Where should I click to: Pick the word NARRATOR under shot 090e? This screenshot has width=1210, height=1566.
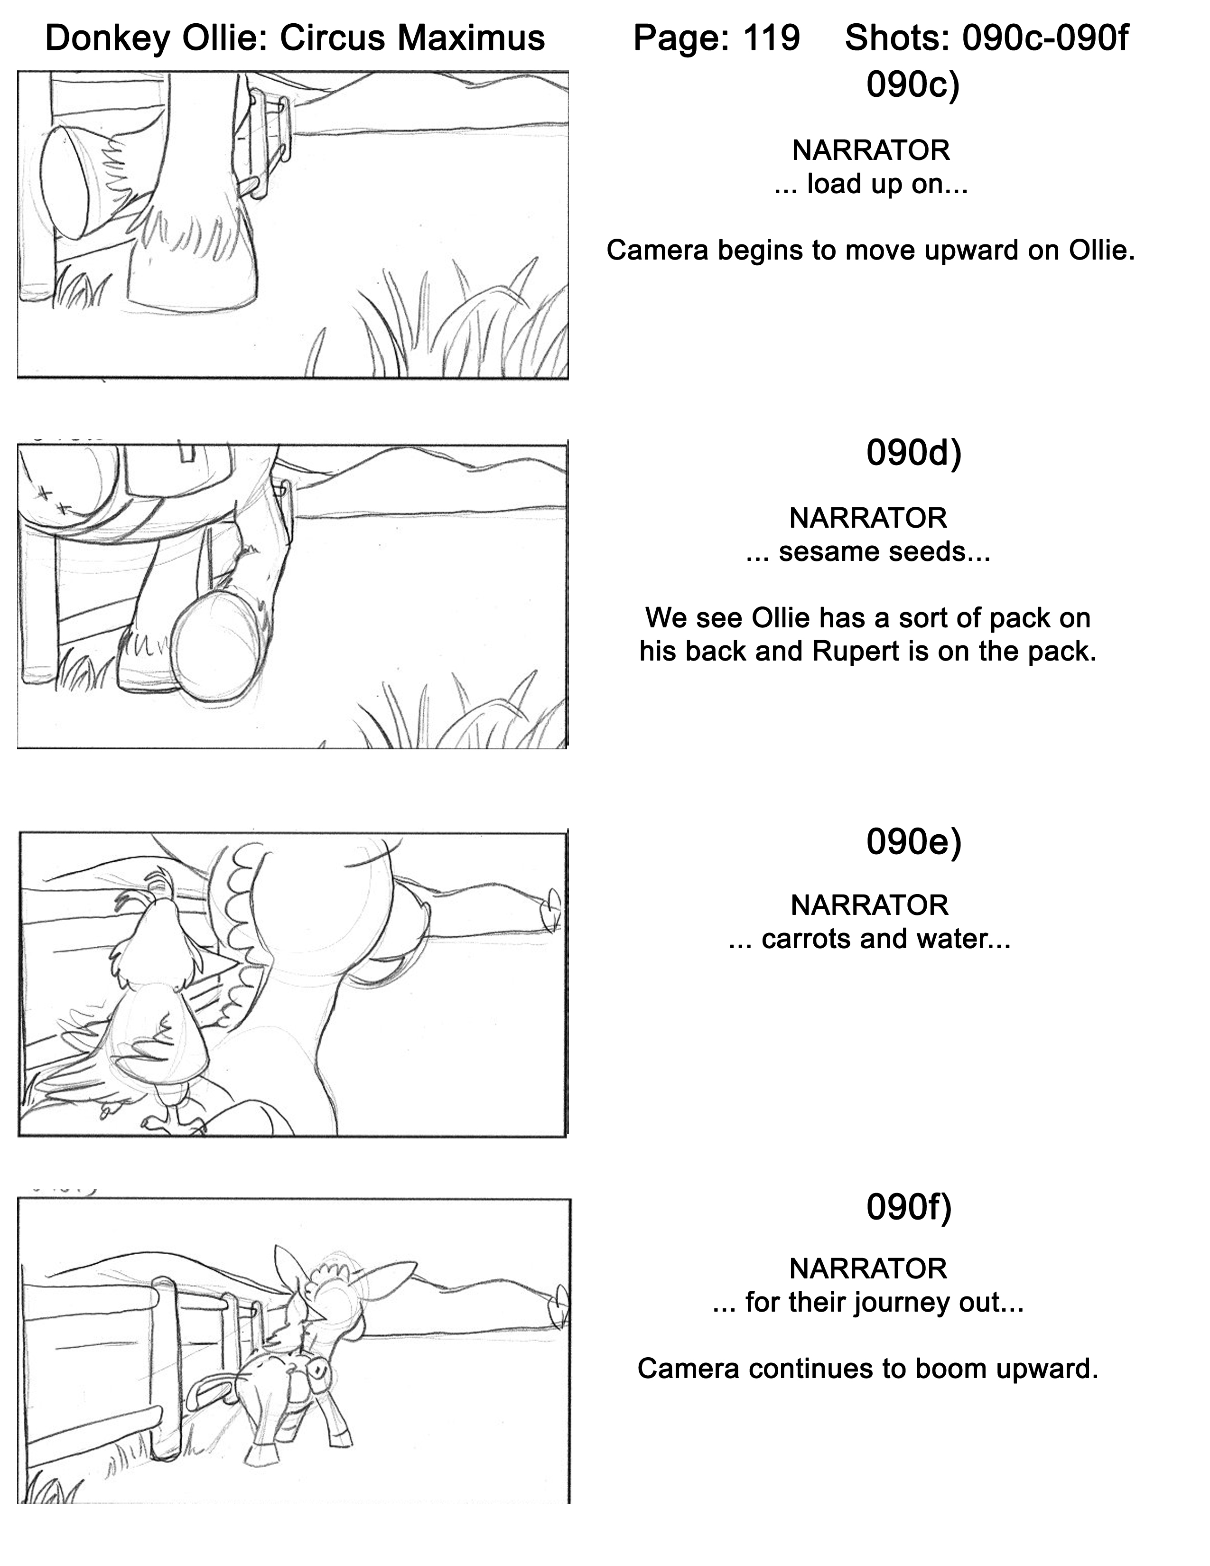pos(869,905)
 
